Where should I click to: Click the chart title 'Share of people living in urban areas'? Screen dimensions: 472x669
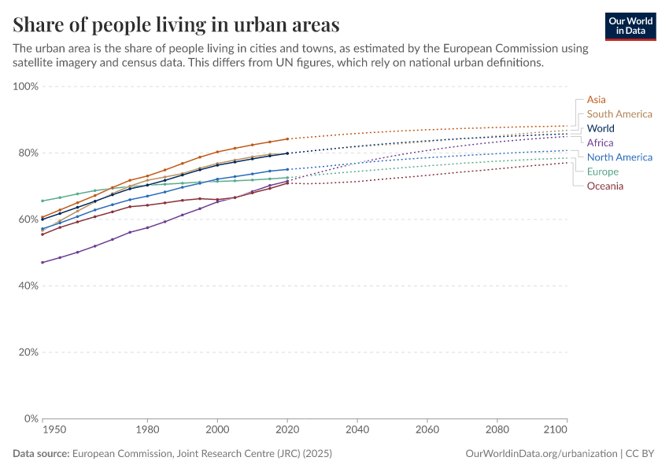coord(176,24)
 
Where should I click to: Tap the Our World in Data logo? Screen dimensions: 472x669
coord(630,26)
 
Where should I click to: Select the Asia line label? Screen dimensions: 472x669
coord(596,100)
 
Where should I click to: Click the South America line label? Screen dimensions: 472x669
coord(619,114)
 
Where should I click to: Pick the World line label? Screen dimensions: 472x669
coord(601,128)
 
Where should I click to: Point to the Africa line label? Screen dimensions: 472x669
coord(600,142)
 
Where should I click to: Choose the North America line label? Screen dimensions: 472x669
coord(619,157)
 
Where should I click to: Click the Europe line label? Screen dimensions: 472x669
coord(603,171)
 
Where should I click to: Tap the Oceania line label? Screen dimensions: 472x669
coord(605,186)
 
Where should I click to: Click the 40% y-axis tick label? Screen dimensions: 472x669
coord(28,286)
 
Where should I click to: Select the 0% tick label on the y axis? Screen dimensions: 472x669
coord(31,419)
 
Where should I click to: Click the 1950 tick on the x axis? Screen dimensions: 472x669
coord(54,430)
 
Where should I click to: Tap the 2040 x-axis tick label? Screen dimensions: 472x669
coord(357,430)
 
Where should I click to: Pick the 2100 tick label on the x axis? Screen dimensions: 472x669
coord(555,430)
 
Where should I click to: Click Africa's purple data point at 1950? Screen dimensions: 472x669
coord(43,262)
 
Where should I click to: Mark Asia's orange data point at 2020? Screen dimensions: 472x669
coord(287,138)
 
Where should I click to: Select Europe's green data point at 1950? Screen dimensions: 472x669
coord(43,201)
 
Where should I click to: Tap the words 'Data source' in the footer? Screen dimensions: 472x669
coord(41,454)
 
